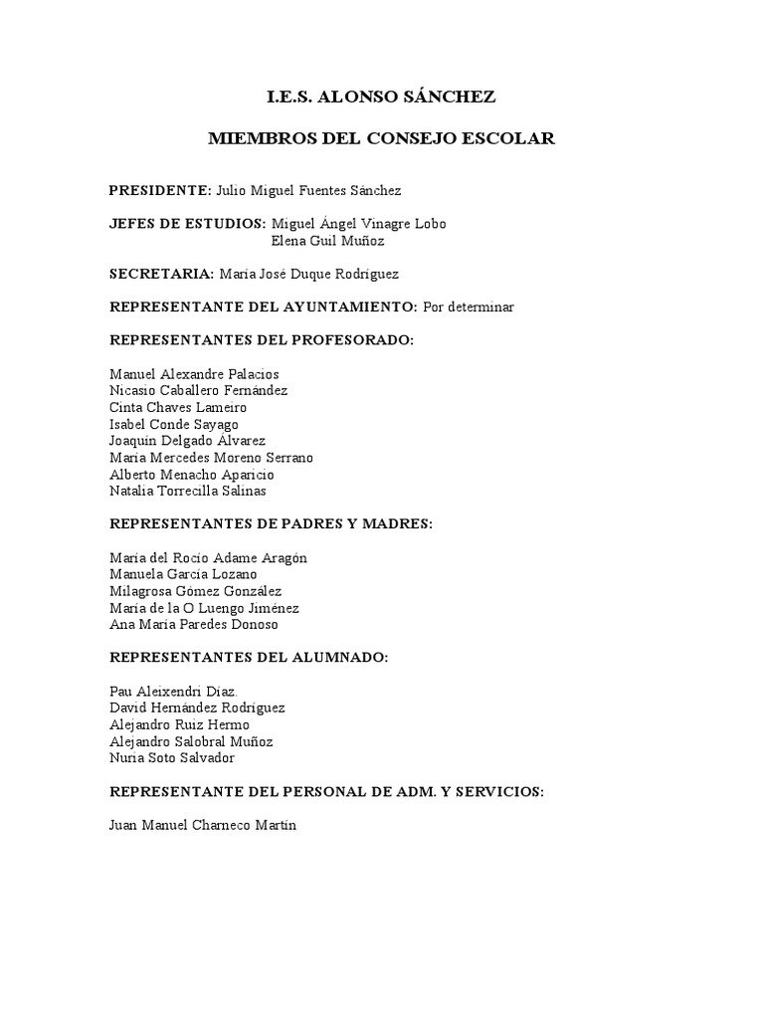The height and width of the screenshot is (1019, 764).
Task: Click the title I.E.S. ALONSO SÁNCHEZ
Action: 381,97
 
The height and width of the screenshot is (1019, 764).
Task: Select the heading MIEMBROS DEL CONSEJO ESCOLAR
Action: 381,138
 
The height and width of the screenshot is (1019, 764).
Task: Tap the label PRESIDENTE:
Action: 160,190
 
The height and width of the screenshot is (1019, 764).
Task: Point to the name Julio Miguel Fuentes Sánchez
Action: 309,190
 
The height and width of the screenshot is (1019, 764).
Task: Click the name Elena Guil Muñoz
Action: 327,241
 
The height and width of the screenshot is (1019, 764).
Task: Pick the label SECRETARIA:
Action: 161,274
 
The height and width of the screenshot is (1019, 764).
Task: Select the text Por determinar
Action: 469,307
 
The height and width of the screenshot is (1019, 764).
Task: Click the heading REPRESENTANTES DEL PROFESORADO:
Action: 261,340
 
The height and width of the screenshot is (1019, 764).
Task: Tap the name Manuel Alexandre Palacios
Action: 194,374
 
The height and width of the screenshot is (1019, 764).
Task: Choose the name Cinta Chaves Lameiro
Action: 178,408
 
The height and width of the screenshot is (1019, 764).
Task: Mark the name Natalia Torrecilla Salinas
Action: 188,491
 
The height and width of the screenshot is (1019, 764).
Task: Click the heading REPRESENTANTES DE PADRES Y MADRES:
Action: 271,524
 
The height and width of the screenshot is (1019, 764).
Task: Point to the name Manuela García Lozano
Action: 183,574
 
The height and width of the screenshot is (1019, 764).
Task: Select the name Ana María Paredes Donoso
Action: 194,625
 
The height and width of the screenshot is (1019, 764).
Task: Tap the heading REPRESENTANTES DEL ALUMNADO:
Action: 249,658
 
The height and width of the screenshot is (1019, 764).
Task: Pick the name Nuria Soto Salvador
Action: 172,758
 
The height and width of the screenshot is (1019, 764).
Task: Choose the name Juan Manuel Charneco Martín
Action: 203,826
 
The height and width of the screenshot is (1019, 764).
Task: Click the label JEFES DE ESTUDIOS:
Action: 188,224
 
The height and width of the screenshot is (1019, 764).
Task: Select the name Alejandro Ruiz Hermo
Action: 179,724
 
